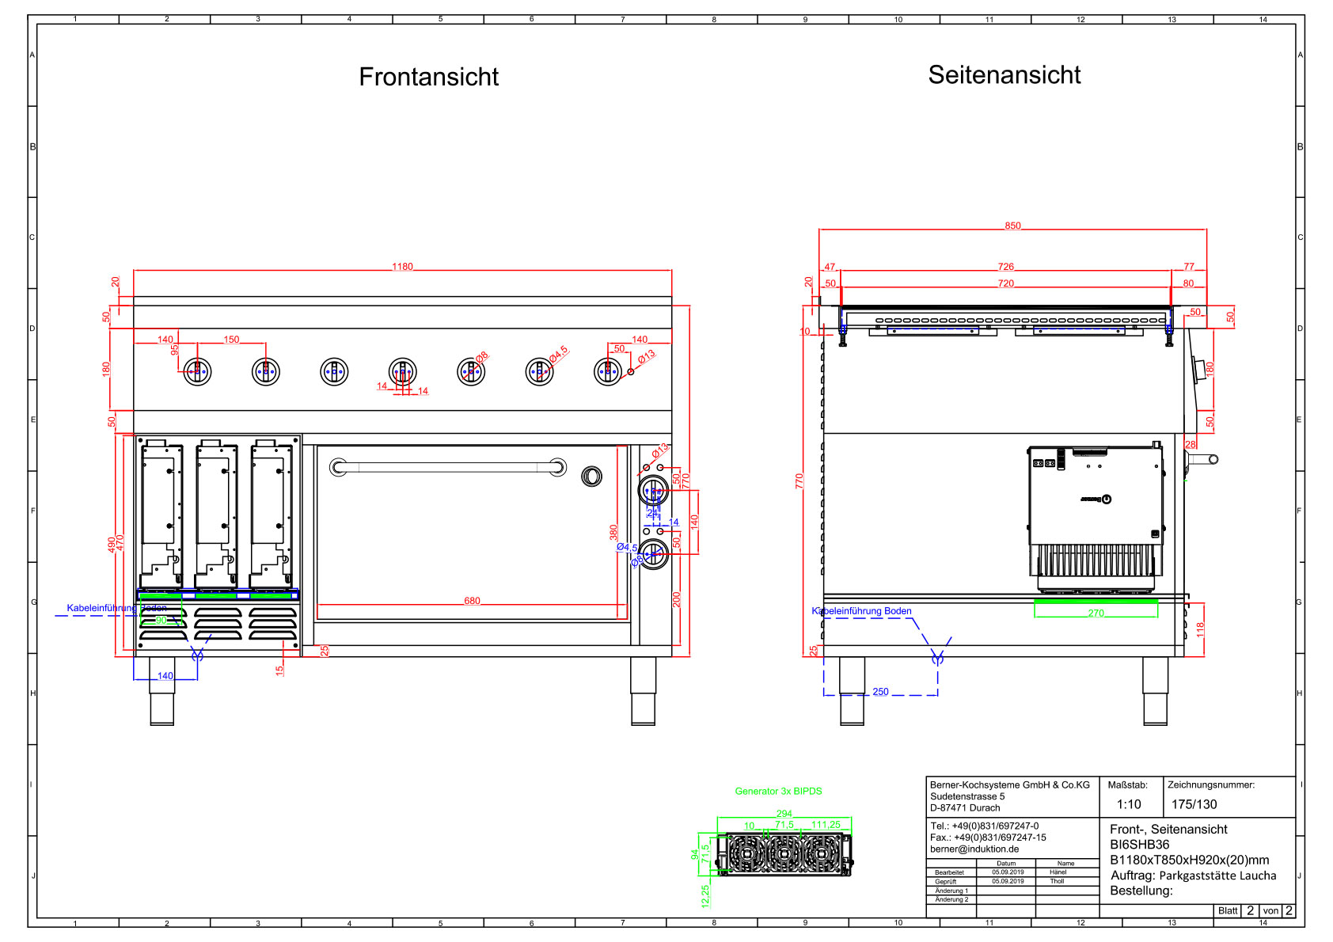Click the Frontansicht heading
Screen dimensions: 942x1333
(x=428, y=77)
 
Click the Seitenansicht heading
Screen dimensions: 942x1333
(x=1004, y=75)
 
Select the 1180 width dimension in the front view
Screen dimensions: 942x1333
(x=402, y=267)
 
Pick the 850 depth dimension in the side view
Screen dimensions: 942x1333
(x=1012, y=226)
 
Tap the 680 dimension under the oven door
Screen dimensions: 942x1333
(x=472, y=601)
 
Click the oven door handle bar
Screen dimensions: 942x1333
(x=447, y=467)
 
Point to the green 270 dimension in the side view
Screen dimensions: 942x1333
(x=1096, y=613)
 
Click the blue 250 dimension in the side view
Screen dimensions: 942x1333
(x=880, y=692)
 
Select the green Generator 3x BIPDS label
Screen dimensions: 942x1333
(x=778, y=791)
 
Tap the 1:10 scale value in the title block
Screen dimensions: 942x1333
(x=1129, y=804)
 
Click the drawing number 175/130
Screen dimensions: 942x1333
(x=1194, y=804)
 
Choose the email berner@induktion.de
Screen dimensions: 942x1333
(x=974, y=849)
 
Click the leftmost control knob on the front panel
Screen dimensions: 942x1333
(x=197, y=371)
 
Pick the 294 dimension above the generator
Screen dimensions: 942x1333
(x=784, y=814)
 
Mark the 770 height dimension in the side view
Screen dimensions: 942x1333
(x=799, y=480)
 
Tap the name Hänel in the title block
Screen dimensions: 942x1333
(x=1058, y=872)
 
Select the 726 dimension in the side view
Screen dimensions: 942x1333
(x=1005, y=267)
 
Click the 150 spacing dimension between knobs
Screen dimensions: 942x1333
(x=231, y=340)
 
